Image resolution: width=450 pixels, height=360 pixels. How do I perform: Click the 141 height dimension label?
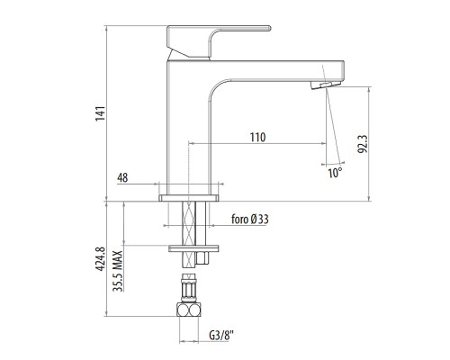(101, 113)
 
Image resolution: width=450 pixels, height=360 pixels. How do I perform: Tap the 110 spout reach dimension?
(257, 137)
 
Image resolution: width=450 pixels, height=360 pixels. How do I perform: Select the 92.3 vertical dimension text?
(363, 144)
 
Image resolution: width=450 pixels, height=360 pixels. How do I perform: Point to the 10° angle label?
(335, 173)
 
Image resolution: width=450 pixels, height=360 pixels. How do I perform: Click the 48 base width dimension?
(122, 178)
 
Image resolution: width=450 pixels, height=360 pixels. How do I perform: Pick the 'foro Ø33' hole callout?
(250, 220)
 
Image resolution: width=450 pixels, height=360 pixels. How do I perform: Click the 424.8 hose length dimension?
(101, 259)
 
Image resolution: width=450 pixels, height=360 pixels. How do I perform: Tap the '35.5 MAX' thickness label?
(118, 271)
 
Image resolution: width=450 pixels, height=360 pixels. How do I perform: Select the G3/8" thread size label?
(221, 336)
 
